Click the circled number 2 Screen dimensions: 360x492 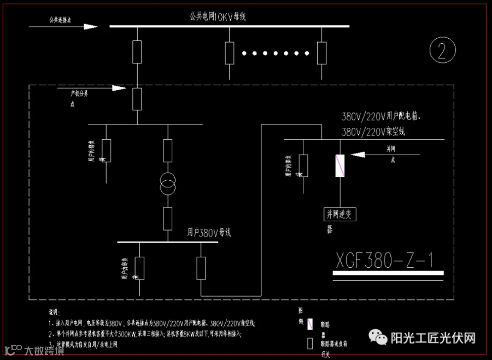[x=443, y=51]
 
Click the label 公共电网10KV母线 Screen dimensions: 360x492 [x=218, y=16]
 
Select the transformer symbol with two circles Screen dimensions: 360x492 [x=168, y=184]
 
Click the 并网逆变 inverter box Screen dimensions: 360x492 [x=341, y=214]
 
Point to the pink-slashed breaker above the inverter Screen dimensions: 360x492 [x=341, y=166]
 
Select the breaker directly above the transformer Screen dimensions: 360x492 [x=168, y=150]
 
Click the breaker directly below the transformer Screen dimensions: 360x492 [x=168, y=218]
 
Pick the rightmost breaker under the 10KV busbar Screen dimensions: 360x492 [x=322, y=52]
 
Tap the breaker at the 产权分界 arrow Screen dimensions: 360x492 [x=137, y=98]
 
